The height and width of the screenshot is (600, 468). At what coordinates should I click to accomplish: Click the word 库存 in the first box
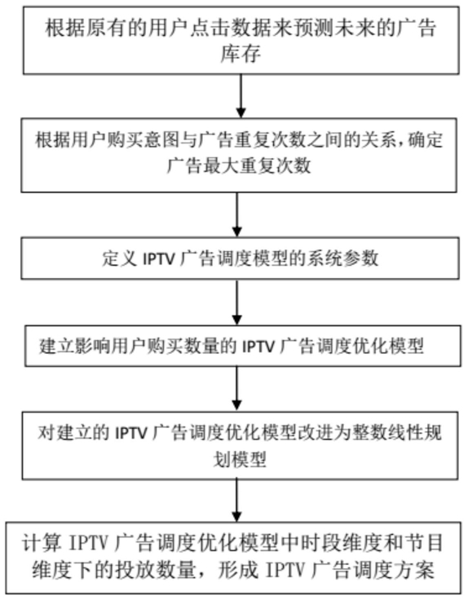tap(241, 53)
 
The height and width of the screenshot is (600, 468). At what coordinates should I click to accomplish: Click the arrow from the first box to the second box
tap(241, 95)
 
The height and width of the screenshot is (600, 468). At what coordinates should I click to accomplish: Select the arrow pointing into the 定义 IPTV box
tap(237, 214)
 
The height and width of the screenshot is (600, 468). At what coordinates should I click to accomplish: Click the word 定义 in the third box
tap(120, 258)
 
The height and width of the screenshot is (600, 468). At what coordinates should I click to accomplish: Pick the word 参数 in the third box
tap(360, 258)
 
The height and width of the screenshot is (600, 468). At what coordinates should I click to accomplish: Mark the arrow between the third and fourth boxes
tap(237, 302)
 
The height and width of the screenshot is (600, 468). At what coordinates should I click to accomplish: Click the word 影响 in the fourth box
tap(94, 346)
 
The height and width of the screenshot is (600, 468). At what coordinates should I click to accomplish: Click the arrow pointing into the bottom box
tap(237, 500)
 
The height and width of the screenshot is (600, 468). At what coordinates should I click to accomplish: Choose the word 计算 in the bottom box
tap(42, 544)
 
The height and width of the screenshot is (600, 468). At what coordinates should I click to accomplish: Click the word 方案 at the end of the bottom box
tap(415, 571)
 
